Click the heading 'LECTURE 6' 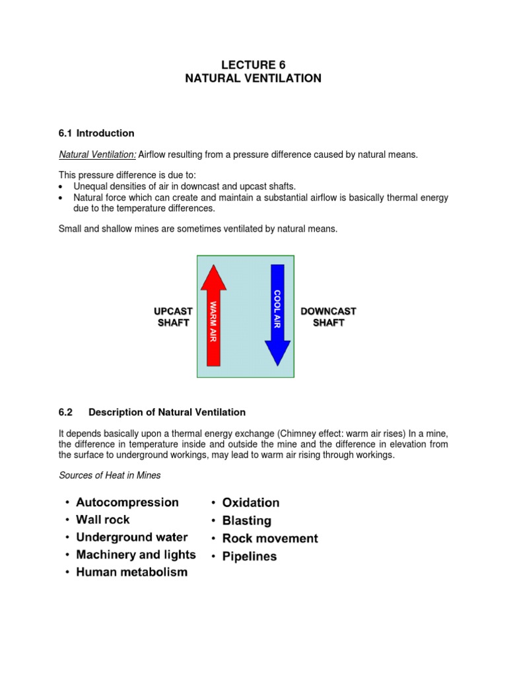coord(253,65)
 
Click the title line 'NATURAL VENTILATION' coord(253,79)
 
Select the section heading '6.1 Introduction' coord(96,133)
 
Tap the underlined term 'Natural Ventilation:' coord(98,154)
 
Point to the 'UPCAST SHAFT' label coord(173,317)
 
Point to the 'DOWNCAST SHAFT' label coord(328,317)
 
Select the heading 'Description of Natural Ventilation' coord(167,412)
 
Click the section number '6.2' coord(65,412)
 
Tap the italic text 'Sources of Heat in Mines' coord(110,475)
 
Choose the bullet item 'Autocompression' coord(127,502)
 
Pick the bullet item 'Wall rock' coord(103,520)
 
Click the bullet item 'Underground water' coord(132,537)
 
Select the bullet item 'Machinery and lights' coord(136,555)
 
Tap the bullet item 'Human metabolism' coord(132,572)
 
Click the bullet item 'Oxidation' coord(251,503)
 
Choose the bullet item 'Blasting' coord(247,521)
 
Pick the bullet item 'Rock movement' coord(270,538)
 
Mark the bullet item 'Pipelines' coord(250,556)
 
